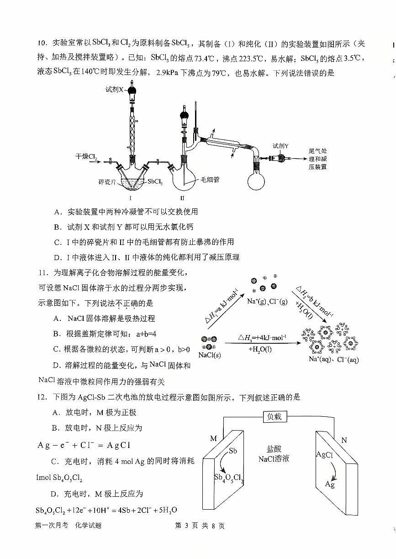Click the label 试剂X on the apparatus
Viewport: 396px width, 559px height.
point(115,90)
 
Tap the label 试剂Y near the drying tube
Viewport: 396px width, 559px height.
point(280,146)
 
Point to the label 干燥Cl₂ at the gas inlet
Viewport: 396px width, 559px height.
point(86,157)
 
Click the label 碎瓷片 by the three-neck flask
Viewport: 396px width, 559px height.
point(107,181)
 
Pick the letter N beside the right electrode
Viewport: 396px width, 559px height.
point(344,440)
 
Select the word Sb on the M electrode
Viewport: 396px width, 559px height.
point(232,451)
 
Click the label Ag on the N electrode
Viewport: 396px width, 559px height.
point(330,484)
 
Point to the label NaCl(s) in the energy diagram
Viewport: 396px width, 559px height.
point(210,355)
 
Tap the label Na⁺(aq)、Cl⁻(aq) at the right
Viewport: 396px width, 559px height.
point(334,359)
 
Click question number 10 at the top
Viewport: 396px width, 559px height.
point(42,43)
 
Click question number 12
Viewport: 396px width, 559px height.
point(43,397)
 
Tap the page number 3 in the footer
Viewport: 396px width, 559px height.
point(186,526)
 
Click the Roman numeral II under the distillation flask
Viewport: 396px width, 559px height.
point(182,198)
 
